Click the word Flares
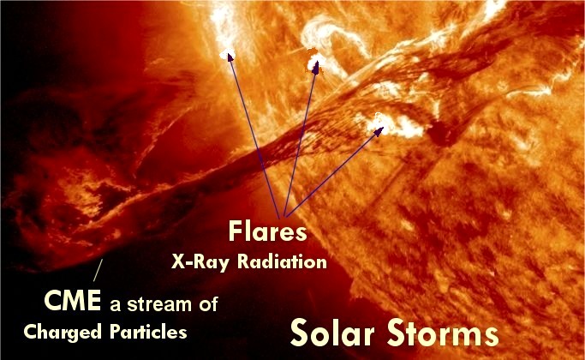click(x=267, y=231)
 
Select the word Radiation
click(x=282, y=261)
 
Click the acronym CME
click(x=73, y=300)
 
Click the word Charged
click(x=63, y=332)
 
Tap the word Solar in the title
click(x=332, y=333)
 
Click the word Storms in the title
click(x=443, y=333)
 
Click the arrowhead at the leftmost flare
click(x=230, y=57)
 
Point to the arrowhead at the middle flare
click(x=316, y=66)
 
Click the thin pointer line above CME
click(x=98, y=270)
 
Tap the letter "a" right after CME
click(x=116, y=305)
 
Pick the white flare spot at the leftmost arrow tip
click(x=226, y=55)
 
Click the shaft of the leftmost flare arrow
click(x=255, y=137)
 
